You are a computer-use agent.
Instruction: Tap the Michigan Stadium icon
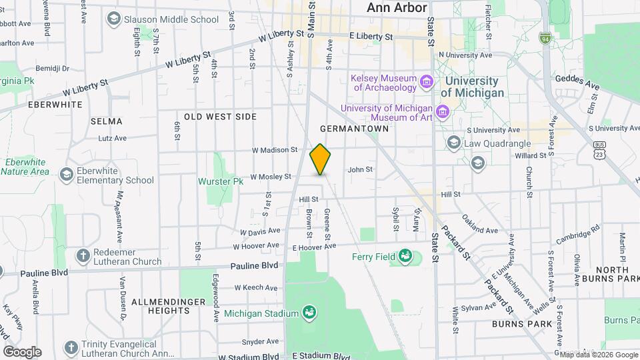(308, 312)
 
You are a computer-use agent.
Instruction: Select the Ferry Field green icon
(405, 256)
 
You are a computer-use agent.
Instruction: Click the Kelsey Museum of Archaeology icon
(427, 82)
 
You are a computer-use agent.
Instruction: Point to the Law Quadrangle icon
(455, 143)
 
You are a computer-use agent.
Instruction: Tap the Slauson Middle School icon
(113, 19)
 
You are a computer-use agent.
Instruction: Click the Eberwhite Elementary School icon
(66, 175)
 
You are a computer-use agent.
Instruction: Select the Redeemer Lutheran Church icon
(83, 256)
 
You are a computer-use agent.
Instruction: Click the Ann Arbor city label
(397, 8)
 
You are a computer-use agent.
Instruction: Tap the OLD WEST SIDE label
(220, 117)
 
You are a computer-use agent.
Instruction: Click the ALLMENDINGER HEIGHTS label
(159, 306)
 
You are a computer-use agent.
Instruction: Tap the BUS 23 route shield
(600, 149)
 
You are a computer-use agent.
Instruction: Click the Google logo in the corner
(22, 351)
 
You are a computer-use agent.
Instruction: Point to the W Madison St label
(274, 150)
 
